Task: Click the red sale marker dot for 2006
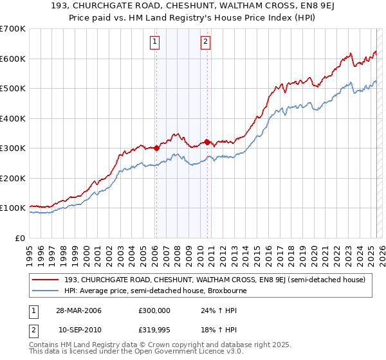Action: click(x=156, y=148)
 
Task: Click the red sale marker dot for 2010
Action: click(x=207, y=142)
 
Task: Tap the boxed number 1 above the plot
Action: click(x=156, y=42)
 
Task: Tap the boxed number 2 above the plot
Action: click(x=205, y=42)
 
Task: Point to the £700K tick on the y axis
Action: click(x=13, y=29)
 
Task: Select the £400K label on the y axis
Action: click(x=13, y=118)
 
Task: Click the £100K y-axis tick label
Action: click(x=13, y=208)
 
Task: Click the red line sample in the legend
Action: click(x=45, y=280)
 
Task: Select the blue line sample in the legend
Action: click(x=45, y=291)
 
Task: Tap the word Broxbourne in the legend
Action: click(x=225, y=291)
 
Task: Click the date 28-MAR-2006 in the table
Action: click(x=78, y=310)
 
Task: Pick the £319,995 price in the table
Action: click(x=156, y=330)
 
